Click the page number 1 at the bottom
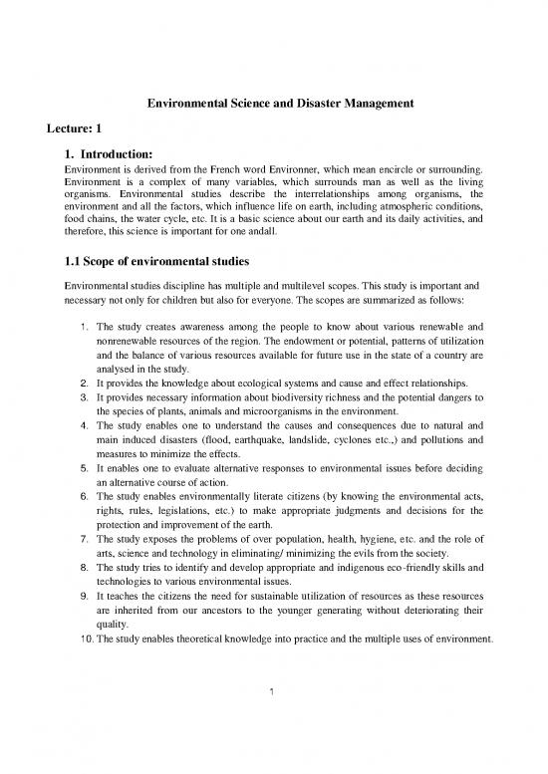(273, 749)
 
